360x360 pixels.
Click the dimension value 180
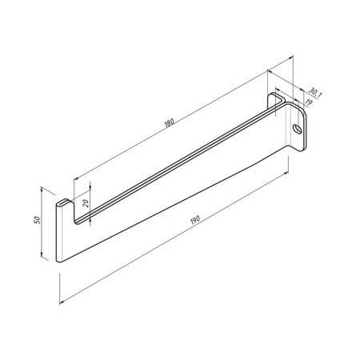coord(169,122)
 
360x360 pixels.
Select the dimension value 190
coord(195,220)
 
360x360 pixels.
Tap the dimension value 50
coord(37,220)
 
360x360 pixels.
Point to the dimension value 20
coord(86,203)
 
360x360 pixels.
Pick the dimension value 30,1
coord(315,92)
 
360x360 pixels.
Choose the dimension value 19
coord(309,102)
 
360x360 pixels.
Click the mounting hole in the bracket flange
coord(298,129)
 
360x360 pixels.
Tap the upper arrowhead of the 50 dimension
coord(42,189)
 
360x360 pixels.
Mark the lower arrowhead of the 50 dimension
coord(42,255)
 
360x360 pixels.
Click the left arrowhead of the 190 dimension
coord(62,302)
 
